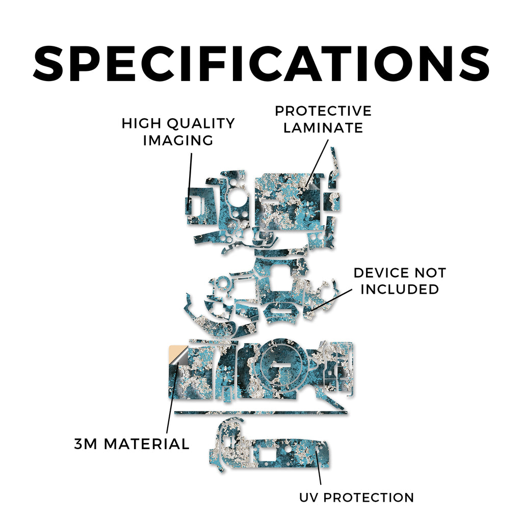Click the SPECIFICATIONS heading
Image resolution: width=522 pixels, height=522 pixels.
click(262, 64)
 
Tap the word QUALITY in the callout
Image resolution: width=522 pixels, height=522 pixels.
click(201, 123)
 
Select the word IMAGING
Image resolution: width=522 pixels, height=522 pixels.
click(178, 140)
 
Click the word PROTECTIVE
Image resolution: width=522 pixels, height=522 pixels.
click(323, 111)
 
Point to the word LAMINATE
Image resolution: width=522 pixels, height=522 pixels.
click(323, 127)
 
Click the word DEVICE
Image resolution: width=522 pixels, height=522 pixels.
click(381, 273)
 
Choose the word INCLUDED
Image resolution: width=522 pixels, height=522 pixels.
click(400, 290)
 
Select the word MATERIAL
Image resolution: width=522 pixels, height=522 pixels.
click(146, 444)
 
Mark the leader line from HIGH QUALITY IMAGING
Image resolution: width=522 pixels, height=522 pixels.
click(190, 181)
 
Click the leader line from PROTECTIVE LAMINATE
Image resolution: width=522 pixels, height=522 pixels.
click(317, 162)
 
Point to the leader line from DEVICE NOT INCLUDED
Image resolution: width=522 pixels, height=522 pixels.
click(330, 300)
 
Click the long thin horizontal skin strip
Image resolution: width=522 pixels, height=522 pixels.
click(260, 413)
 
